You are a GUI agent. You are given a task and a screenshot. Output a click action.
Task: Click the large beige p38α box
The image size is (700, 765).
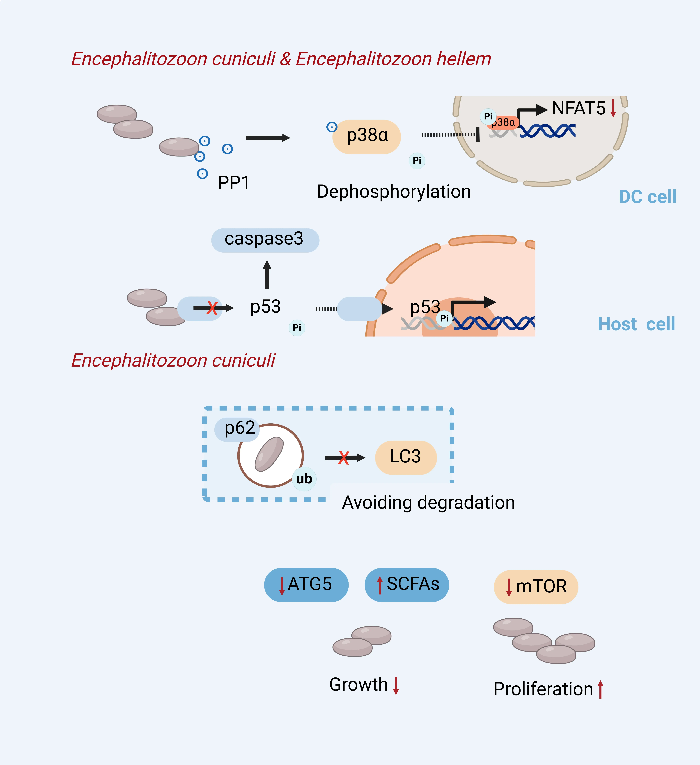[x=367, y=137]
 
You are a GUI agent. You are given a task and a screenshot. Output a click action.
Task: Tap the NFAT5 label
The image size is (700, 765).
[x=579, y=108]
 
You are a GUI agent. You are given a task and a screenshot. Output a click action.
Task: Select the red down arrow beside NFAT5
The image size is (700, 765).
[x=613, y=108]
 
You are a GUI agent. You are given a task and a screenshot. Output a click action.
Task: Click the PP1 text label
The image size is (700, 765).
[x=233, y=183]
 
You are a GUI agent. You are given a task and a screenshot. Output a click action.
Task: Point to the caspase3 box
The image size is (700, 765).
[x=265, y=240]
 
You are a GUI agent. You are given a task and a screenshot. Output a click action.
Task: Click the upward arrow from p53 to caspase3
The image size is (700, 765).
[x=267, y=274]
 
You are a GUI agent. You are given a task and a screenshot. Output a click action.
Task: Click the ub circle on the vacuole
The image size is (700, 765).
[x=304, y=479]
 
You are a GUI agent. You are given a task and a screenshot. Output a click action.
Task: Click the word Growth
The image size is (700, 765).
[x=358, y=685]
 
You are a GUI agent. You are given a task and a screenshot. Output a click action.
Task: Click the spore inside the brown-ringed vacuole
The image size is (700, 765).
[x=269, y=454]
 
